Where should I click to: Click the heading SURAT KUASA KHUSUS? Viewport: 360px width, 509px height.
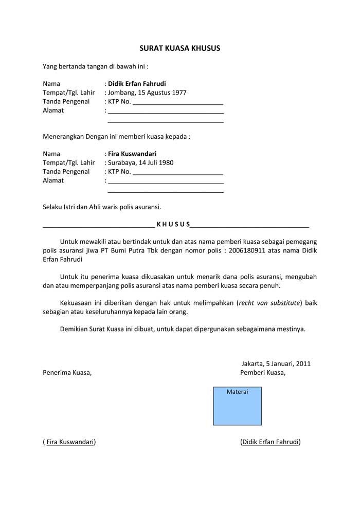click(x=179, y=48)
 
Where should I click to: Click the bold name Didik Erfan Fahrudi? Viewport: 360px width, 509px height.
click(x=137, y=84)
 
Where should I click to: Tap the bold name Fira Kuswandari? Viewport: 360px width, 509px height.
click(x=132, y=154)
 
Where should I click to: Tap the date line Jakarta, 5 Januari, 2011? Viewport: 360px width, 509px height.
click(x=276, y=363)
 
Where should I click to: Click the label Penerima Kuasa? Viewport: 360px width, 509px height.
click(x=67, y=373)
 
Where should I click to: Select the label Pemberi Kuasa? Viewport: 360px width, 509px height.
click(x=263, y=373)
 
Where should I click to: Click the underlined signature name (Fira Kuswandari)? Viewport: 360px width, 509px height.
click(x=69, y=442)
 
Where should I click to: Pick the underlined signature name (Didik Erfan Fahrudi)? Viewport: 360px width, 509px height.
click(x=271, y=442)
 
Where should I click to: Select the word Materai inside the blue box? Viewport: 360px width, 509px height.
click(x=237, y=392)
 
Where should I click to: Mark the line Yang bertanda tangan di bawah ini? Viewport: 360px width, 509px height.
click(x=96, y=66)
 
